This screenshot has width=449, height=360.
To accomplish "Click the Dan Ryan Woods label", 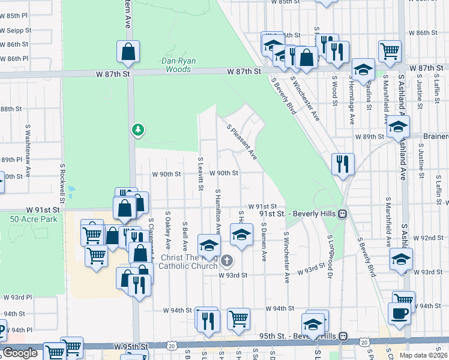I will tap(176, 65).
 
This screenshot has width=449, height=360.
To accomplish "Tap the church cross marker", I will tap(227, 260).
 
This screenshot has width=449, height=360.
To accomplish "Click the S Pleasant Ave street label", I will tap(243, 142).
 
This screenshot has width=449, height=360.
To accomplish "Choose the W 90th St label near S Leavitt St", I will tap(166, 173).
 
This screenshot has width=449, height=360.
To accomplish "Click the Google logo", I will tap(20, 353).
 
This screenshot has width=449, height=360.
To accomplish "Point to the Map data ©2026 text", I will tap(423, 355).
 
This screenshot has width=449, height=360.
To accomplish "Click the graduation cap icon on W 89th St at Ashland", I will tap(398, 127).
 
